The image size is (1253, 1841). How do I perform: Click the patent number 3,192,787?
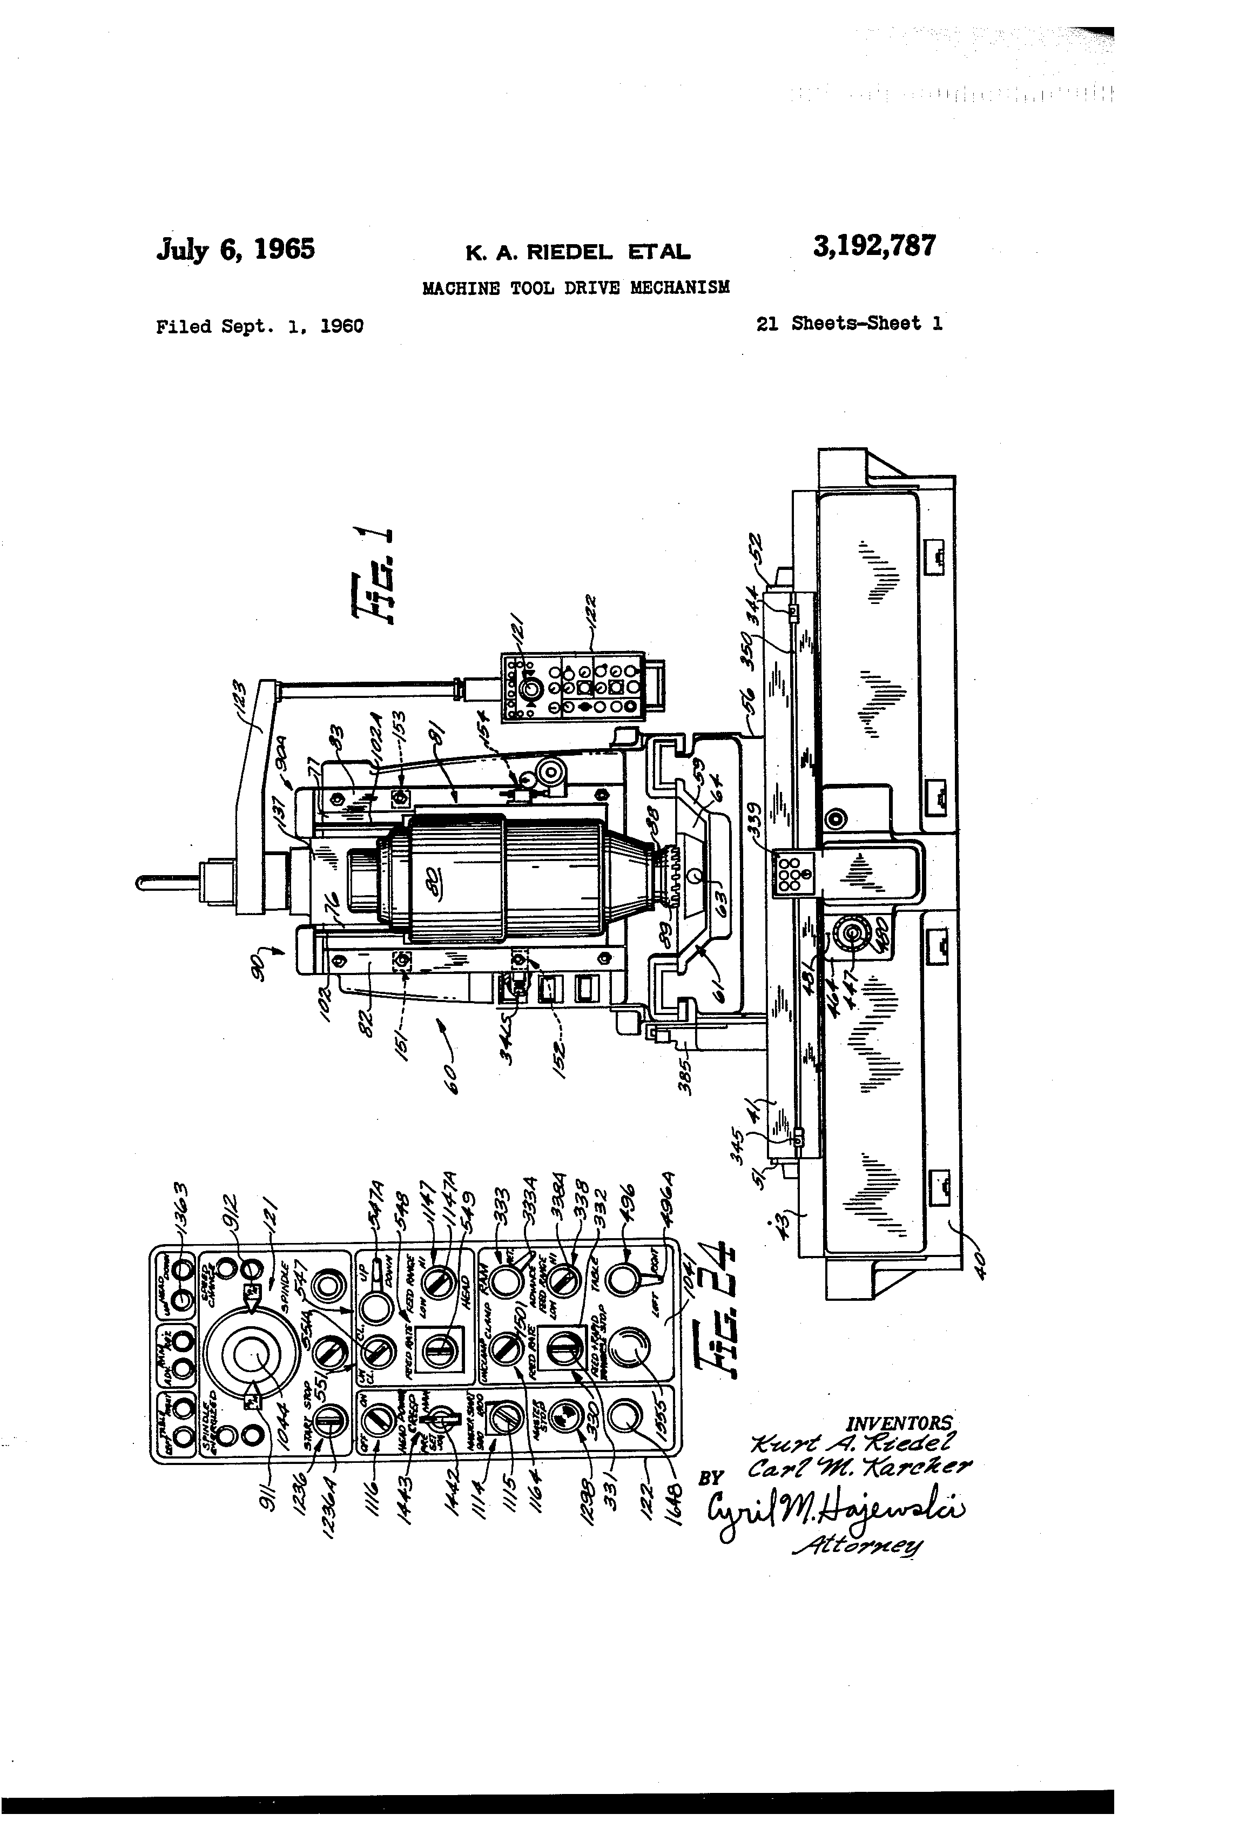pos(874,246)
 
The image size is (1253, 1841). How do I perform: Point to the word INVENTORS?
pos(900,1423)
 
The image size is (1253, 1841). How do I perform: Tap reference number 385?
pos(685,1073)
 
